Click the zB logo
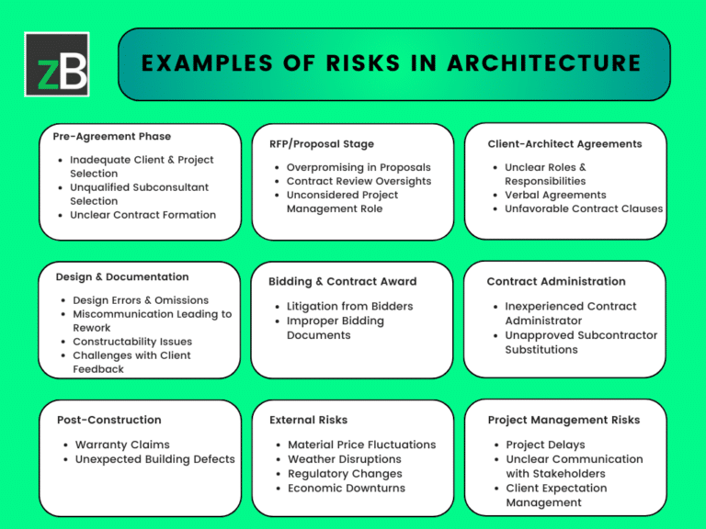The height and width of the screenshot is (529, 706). point(57,64)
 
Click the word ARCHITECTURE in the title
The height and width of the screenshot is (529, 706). point(545,63)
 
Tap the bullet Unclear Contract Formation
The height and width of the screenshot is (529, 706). point(142,215)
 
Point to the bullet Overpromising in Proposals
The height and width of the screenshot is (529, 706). point(359,167)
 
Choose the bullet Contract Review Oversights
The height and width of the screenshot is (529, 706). point(359,181)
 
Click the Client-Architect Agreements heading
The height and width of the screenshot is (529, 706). point(564,143)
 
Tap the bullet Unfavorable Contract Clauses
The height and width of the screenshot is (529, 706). point(583,208)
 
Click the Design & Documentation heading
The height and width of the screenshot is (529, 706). point(122,276)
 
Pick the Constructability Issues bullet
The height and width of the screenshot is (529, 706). point(132,342)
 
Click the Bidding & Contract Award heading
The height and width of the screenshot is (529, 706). point(342,281)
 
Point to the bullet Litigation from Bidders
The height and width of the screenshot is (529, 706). point(349,306)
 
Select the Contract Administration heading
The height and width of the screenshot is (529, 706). point(556,281)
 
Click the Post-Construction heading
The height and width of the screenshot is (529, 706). point(108,420)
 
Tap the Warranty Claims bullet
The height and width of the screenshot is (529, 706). point(122,445)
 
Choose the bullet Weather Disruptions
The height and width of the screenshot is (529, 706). point(345,459)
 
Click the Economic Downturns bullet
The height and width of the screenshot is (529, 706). point(347,488)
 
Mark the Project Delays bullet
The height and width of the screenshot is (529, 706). point(544,445)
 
